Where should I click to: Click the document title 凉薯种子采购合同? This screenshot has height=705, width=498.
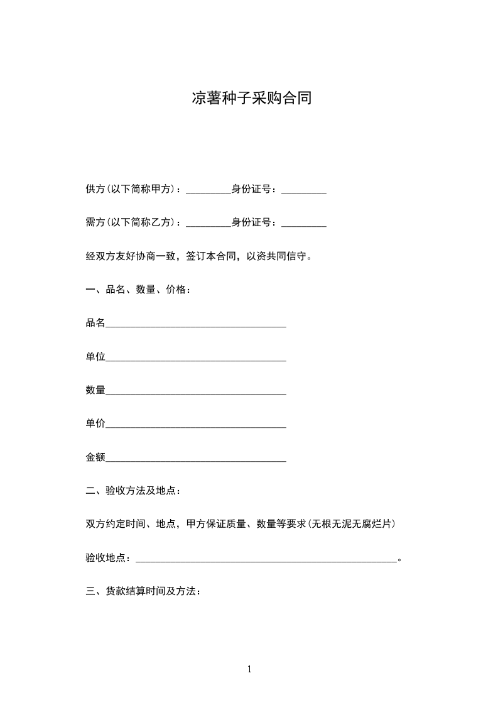tap(251, 99)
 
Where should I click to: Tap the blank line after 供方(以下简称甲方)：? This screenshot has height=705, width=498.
tap(208, 189)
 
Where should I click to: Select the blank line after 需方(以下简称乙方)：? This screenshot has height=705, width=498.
tap(208, 222)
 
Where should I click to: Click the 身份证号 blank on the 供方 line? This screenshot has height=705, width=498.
tap(304, 189)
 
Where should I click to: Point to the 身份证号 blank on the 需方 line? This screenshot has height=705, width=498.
tap(304, 222)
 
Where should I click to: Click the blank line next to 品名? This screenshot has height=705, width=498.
tap(196, 324)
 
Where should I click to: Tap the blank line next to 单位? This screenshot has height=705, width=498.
tap(196, 357)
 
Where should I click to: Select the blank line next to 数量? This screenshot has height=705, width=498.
tap(196, 391)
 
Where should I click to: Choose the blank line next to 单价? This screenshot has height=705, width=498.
tap(196, 424)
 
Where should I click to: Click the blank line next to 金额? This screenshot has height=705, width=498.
tap(196, 458)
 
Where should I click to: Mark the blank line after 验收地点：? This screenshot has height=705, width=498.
tap(266, 558)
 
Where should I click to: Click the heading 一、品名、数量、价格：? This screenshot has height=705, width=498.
tap(138, 290)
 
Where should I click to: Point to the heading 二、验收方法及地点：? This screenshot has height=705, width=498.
tap(134, 491)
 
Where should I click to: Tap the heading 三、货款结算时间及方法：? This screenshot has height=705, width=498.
tap(143, 591)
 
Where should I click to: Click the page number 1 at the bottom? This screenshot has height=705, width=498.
tap(249, 669)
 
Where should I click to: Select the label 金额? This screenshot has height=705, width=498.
tap(95, 457)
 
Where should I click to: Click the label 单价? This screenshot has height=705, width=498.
tap(95, 424)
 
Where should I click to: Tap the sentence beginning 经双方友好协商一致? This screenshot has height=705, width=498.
tap(198, 256)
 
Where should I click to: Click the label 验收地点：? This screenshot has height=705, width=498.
tap(110, 558)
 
